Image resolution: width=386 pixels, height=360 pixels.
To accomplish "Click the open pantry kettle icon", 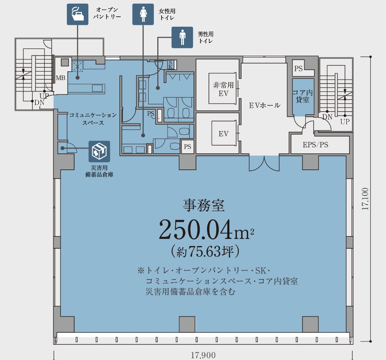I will point(78,14).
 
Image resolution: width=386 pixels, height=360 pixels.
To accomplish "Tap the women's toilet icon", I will point(143,14).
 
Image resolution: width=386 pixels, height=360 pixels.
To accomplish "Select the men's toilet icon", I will point(182,37).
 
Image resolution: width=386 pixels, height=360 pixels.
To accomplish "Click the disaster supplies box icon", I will point(99,152).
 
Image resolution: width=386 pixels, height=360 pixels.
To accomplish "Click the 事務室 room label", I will point(204,205).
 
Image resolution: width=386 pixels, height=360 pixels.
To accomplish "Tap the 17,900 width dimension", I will point(203,355).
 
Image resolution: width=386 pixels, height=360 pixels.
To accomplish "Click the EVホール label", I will point(264,105).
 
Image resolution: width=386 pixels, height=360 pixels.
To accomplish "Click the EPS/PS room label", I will point(315,145).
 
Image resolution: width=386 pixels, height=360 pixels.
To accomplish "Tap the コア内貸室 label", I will point(303,96).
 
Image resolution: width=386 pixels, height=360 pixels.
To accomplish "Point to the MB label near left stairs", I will point(60,78).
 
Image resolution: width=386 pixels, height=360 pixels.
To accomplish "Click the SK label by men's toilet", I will point(170,64).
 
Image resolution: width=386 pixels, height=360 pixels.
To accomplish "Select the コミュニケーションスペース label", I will point(93,119).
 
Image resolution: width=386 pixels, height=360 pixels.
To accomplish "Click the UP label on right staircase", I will point(344,122).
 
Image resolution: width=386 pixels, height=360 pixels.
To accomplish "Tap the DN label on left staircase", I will point(39,103).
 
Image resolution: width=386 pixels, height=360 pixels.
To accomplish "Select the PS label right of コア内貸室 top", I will point(298,69).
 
